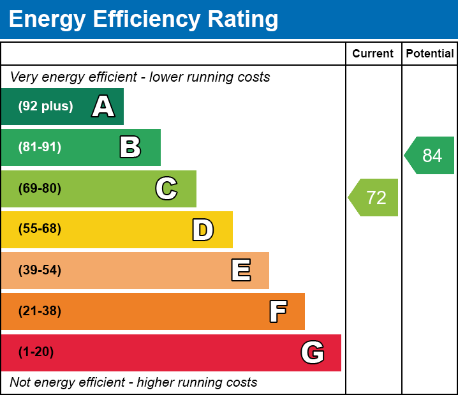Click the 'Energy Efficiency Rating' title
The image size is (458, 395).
[x=144, y=20]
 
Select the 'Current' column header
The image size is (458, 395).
[x=373, y=54]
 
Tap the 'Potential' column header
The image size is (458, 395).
[x=430, y=54]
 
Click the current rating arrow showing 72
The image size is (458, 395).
[x=374, y=198]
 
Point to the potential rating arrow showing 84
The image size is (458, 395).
[x=431, y=156]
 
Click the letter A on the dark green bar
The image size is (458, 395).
[x=103, y=107]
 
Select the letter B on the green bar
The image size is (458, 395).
[x=130, y=147]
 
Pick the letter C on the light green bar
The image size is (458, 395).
[x=166, y=189]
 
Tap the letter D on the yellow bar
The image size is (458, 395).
[x=203, y=230]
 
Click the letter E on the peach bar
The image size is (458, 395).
[x=240, y=271]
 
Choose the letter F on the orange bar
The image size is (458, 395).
[x=277, y=311]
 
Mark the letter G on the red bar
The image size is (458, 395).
[x=313, y=352]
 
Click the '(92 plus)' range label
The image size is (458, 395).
[x=45, y=107]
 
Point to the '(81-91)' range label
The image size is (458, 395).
[x=40, y=147]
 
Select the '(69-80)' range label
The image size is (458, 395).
[x=40, y=189]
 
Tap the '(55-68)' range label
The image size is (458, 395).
[x=40, y=229]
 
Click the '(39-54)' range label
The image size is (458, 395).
[x=40, y=271]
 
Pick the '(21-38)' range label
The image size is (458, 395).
[x=40, y=311]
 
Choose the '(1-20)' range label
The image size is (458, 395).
[x=36, y=352]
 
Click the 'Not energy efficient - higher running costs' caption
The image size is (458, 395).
[x=133, y=383]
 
